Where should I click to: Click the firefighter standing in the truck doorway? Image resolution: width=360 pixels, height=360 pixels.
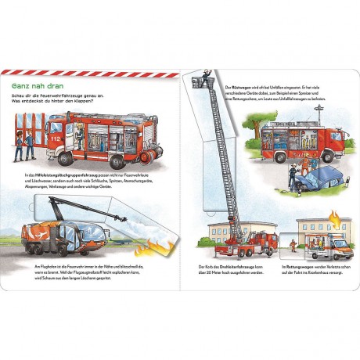79,138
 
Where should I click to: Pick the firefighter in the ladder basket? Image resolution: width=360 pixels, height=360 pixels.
207,78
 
